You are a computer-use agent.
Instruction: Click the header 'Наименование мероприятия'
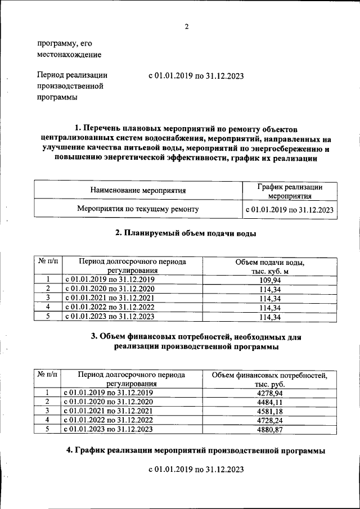coord(138,191)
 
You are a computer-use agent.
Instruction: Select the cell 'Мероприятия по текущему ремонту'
coord(138,210)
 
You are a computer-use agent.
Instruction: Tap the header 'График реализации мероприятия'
coord(290,191)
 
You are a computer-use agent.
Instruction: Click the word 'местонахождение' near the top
coord(69,55)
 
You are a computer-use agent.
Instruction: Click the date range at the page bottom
coord(196,469)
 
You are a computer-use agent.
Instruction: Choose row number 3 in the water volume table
coord(48,298)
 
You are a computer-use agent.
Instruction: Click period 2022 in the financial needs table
coord(109,420)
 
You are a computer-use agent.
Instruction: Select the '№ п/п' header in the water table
coord(48,262)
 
